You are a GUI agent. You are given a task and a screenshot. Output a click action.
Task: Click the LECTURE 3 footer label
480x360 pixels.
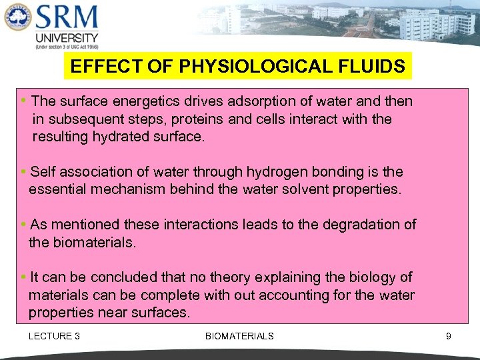(x=54, y=336)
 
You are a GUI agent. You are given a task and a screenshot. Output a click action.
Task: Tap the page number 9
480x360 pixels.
(x=449, y=336)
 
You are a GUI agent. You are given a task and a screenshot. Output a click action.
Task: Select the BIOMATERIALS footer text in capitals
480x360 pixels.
(x=239, y=336)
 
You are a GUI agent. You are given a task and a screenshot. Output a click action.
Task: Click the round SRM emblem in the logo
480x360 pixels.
(x=17, y=18)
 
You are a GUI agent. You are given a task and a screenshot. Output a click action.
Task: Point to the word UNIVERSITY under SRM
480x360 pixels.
(x=66, y=37)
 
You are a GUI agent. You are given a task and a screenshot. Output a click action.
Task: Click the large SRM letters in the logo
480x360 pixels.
(x=67, y=17)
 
